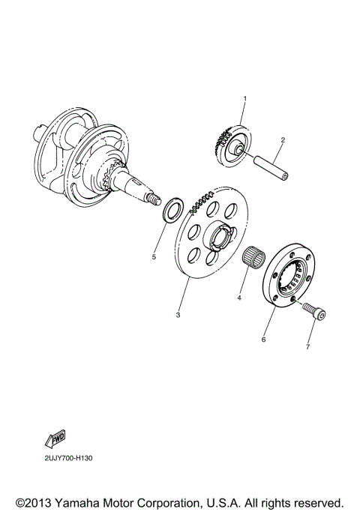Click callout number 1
pos(244,98)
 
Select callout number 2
pos(283,140)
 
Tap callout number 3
pos(178,315)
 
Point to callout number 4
pos(239,298)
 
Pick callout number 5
pos(154,257)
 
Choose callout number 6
pos(263,340)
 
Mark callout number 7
pos(307,347)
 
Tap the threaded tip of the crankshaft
pos(155,200)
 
